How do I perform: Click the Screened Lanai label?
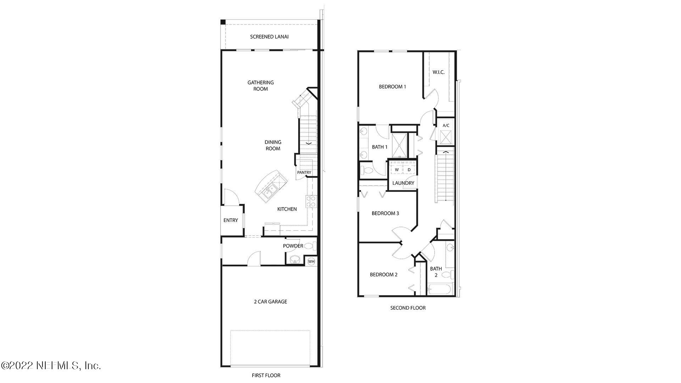click(269, 37)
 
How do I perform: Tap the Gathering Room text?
click(261, 85)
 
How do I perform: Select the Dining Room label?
click(273, 145)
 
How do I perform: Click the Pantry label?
click(304, 173)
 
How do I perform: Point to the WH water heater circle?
click(311, 262)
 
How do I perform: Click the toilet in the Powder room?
click(309, 245)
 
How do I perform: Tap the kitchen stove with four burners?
click(311, 201)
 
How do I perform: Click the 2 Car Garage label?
click(270, 302)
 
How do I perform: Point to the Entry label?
click(231, 220)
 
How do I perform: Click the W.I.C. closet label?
click(438, 72)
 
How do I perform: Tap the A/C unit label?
click(446, 126)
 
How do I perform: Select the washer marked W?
click(397, 170)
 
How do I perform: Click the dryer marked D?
click(409, 170)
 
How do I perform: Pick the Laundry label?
click(403, 183)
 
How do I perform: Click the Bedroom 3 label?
click(385, 213)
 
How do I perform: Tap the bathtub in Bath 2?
click(439, 289)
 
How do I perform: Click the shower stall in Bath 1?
click(399, 145)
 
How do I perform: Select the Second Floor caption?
click(408, 308)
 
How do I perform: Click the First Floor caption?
click(266, 375)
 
